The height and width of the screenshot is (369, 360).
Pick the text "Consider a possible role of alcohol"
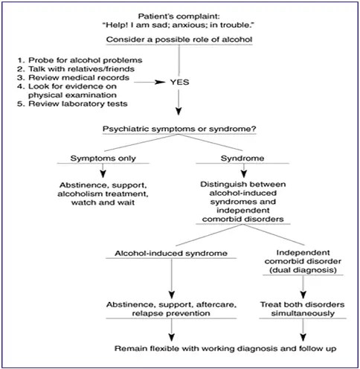click(x=179, y=39)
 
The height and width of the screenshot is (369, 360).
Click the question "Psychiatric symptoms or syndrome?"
click(x=179, y=129)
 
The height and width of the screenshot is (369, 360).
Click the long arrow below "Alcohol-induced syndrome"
click(x=167, y=279)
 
